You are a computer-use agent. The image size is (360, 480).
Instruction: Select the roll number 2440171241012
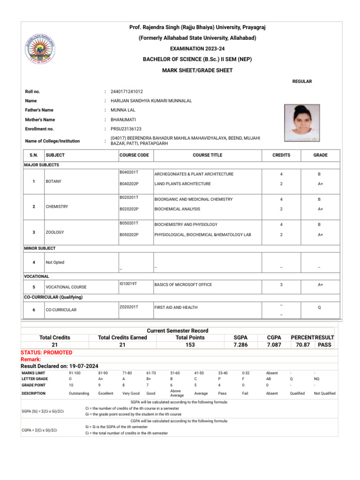tap(127, 91)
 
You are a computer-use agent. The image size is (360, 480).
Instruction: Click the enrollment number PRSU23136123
tap(126, 129)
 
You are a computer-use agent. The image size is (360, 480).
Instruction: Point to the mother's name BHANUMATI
tap(123, 120)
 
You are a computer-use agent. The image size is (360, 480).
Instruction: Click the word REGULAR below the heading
tap(302, 82)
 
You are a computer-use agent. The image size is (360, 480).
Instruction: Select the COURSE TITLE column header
tap(207, 155)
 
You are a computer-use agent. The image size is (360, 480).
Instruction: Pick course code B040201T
tap(129, 173)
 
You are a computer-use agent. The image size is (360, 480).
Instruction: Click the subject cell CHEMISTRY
tap(57, 207)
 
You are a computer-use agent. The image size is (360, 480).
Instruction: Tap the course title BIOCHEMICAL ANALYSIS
tap(177, 209)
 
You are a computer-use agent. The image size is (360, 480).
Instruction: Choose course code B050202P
tap(129, 234)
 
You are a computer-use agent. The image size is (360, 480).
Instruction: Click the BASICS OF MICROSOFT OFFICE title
tap(183, 285)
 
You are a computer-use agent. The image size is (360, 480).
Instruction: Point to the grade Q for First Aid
tap(319, 308)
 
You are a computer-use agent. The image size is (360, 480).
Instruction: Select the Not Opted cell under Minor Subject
tap(55, 262)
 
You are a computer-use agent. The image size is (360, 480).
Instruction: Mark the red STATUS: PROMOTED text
tap(46, 352)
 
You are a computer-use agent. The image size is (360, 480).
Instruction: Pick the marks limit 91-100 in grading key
tap(75, 373)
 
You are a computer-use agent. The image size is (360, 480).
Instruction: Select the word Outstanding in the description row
tap(79, 393)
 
